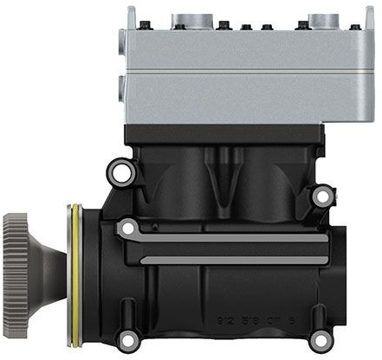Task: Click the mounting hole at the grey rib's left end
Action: coord(128,228)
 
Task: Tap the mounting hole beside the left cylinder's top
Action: coord(125,175)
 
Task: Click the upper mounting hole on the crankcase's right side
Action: coord(321,196)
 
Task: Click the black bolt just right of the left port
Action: coord(223,26)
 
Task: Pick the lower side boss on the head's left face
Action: coord(121,90)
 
